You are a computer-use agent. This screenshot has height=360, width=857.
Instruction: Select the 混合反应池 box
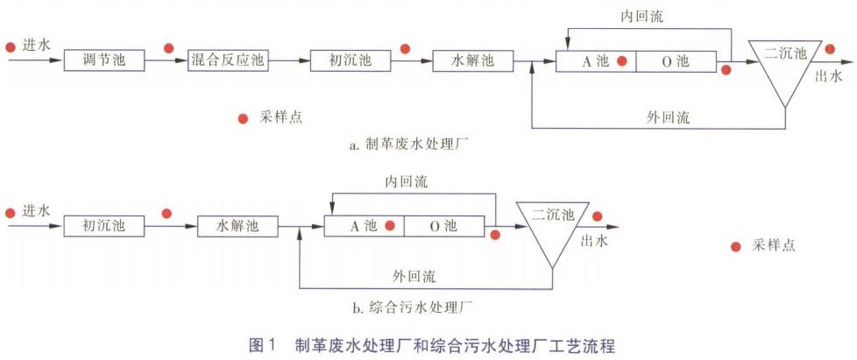tap(226, 61)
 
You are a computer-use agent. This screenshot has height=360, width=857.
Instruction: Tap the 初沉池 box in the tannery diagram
tap(348, 61)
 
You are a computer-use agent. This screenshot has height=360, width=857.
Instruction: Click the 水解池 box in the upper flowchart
tap(471, 61)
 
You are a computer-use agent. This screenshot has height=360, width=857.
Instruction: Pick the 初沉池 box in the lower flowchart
tap(103, 226)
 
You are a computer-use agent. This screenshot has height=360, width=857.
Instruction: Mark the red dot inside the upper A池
tap(620, 61)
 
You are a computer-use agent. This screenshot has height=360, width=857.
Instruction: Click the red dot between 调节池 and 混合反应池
tap(167, 47)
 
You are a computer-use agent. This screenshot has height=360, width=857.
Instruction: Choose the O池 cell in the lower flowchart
tap(443, 226)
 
